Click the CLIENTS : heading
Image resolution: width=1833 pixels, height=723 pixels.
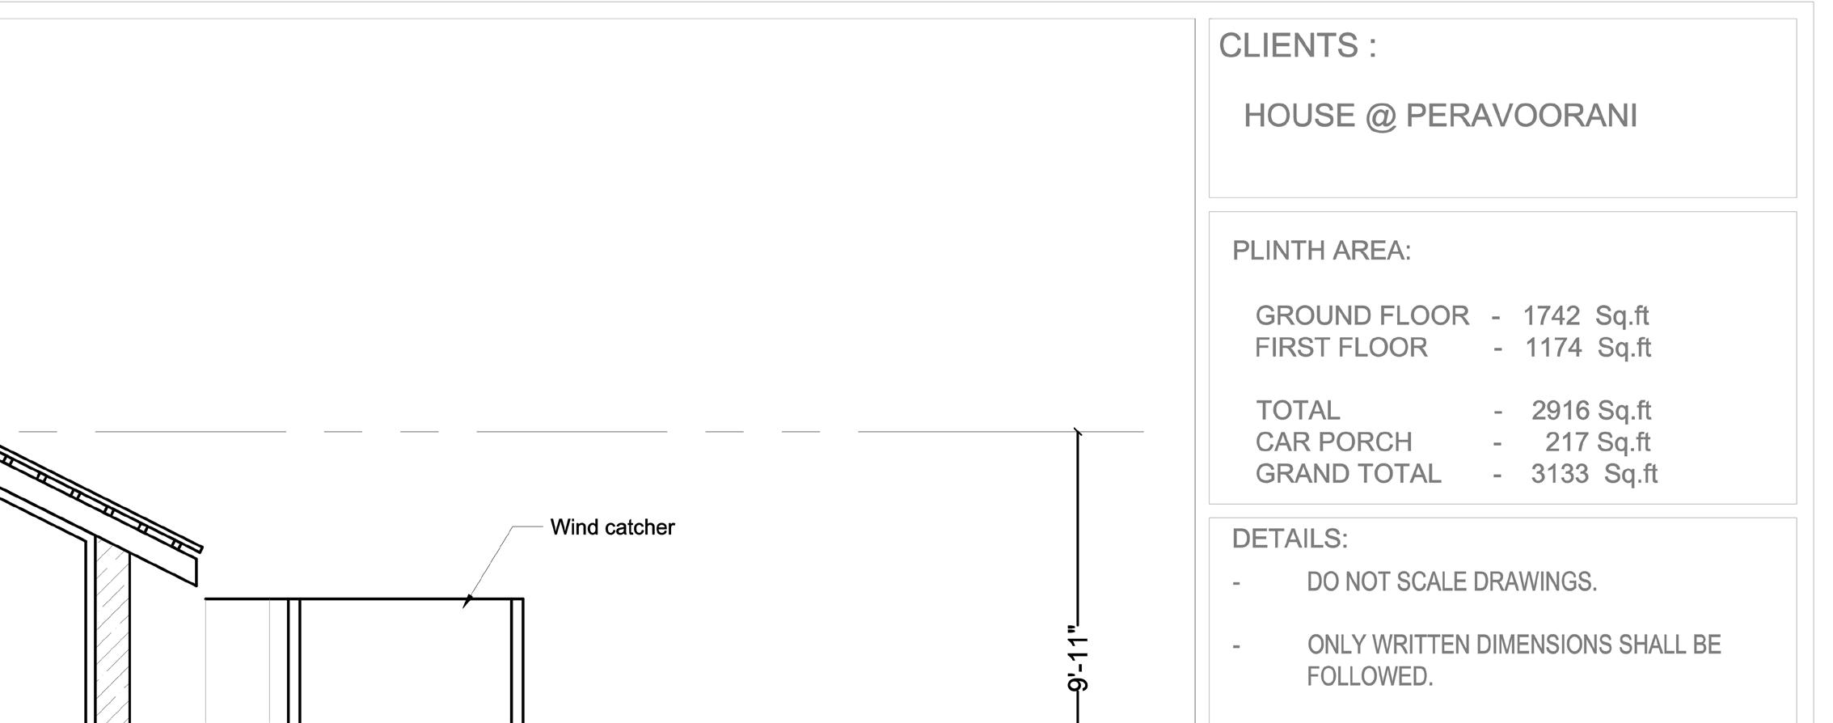click(x=1297, y=46)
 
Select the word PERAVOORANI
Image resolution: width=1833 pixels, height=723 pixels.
click(x=1521, y=116)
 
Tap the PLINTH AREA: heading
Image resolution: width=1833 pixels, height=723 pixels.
click(x=1321, y=252)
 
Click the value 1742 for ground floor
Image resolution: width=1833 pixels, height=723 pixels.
click(x=1551, y=315)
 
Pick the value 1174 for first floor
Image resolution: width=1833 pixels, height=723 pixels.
click(x=1552, y=348)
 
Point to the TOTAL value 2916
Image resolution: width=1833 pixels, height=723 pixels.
click(x=1560, y=411)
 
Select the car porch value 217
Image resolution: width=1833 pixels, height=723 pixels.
click(x=1566, y=442)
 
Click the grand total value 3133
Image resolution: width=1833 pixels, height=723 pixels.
click(x=1560, y=474)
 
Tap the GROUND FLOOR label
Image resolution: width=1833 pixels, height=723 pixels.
click(x=1362, y=315)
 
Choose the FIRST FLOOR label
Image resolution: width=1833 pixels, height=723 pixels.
click(x=1341, y=348)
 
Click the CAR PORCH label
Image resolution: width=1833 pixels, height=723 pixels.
click(x=1333, y=442)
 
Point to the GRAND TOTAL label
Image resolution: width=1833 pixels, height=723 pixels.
click(x=1348, y=474)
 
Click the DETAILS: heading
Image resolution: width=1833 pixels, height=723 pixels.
click(x=1290, y=539)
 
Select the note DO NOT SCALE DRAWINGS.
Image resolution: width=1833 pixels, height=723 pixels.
click(x=1451, y=582)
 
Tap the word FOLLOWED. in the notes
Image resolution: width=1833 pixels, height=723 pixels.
click(x=1370, y=677)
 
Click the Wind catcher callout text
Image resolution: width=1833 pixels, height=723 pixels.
click(x=612, y=527)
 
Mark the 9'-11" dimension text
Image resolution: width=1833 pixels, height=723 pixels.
click(x=1079, y=658)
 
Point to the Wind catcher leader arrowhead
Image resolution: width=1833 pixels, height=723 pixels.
click(x=467, y=601)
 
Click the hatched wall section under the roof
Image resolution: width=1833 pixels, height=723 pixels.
click(x=112, y=631)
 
